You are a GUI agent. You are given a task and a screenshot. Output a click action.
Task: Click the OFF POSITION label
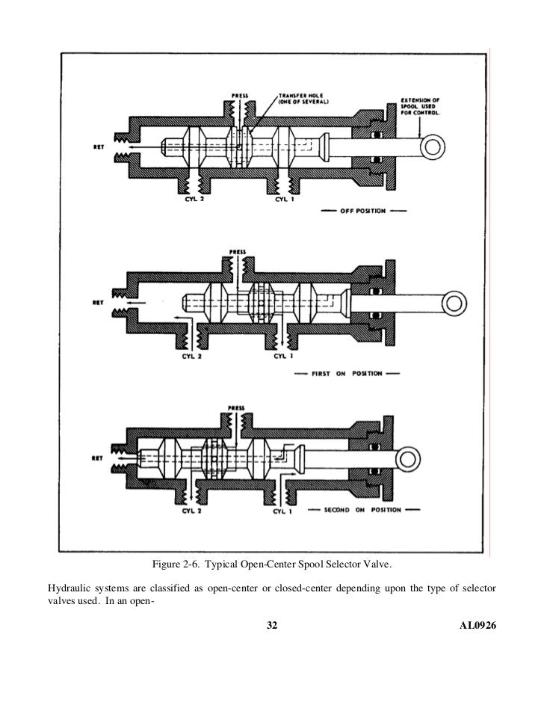pos(364,212)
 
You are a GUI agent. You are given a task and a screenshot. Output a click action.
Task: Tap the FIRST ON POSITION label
pos(347,372)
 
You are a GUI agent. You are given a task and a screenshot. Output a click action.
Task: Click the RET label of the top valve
pos(98,147)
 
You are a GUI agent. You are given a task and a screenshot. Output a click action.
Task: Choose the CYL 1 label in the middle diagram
pos(282,357)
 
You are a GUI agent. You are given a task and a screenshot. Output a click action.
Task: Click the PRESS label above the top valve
pos(240,96)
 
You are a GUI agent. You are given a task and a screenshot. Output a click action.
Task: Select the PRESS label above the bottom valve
pos(236,409)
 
